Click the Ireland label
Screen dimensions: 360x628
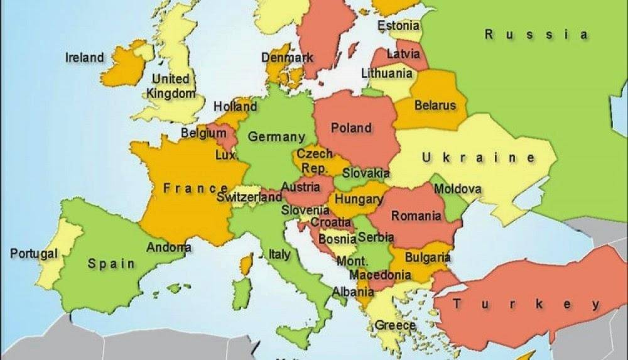[x=85, y=58]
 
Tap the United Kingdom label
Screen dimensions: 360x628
[x=171, y=86]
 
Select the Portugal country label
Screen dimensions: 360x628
[x=34, y=254]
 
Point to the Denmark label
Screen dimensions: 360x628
[x=287, y=58]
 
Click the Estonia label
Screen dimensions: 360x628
[x=398, y=26]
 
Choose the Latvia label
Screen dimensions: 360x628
[x=403, y=54]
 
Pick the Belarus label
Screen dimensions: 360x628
[x=435, y=106]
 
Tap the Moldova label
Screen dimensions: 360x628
[x=458, y=188]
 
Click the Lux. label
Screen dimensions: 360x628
[x=225, y=155]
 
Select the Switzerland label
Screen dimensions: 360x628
[x=249, y=197]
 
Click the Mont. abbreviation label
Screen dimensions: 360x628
[x=352, y=261]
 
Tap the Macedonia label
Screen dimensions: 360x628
[x=380, y=275]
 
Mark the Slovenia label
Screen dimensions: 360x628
[x=305, y=210]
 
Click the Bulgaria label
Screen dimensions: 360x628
[x=427, y=257]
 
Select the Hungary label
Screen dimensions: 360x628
[x=359, y=199]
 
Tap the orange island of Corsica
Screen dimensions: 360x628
[x=247, y=265]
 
